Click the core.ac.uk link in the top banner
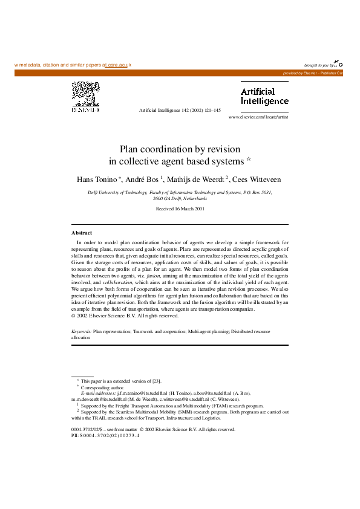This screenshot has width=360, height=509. [119, 65]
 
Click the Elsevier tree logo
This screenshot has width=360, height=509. [86, 97]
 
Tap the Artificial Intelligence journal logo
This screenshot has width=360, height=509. [264, 97]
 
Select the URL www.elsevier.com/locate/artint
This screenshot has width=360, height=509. [258, 117]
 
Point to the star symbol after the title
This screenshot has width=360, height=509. [249, 160]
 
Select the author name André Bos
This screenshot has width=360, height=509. [144, 180]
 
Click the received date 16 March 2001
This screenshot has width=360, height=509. [180, 209]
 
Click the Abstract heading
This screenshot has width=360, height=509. [82, 233]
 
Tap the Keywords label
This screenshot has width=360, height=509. [82, 332]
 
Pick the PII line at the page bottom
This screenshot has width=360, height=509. [105, 435]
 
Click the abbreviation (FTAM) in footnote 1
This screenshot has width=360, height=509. [218, 406]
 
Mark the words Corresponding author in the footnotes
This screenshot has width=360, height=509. [99, 386]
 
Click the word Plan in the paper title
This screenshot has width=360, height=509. [128, 149]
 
